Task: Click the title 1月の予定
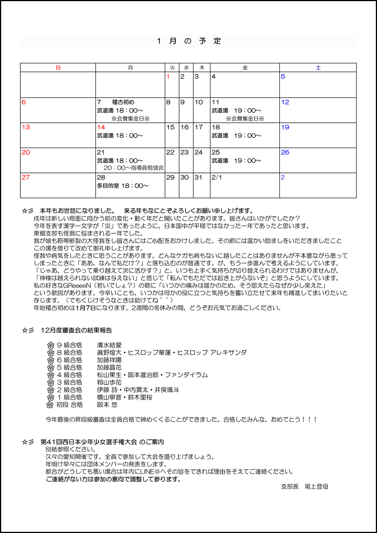coord(188,41)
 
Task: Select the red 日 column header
coord(58,68)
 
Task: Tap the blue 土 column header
coord(318,68)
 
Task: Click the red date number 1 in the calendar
coord(168,77)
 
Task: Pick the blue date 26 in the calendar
coord(285,152)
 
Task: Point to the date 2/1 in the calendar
coord(217,177)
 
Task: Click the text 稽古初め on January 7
coord(123,102)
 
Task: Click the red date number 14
coord(101,127)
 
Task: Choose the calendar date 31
coord(198,177)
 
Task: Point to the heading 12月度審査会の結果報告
coord(76,330)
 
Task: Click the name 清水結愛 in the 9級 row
coord(109,345)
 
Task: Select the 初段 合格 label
coord(69,405)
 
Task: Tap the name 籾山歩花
coord(109,382)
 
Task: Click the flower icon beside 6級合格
coord(51,360)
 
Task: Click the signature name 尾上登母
coord(316,487)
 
